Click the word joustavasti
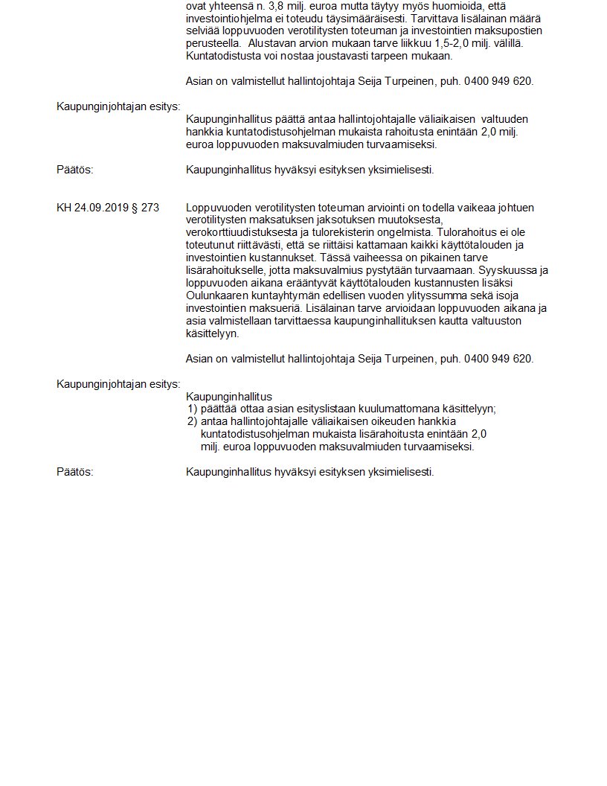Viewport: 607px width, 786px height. click(352, 56)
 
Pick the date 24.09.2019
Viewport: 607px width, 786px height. click(100, 208)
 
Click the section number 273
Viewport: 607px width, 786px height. click(150, 208)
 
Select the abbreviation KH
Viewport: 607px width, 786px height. click(64, 208)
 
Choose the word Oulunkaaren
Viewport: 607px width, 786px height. click(217, 295)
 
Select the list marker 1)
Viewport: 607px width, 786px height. click(192, 409)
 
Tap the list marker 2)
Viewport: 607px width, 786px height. click(192, 421)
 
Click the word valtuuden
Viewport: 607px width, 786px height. click(506, 119)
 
